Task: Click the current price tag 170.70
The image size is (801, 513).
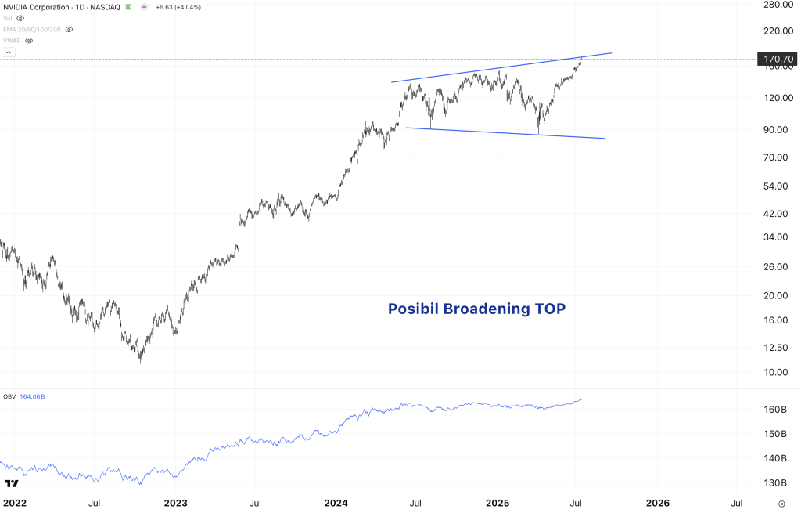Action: [x=778, y=59]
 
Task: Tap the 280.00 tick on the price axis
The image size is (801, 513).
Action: [x=778, y=5]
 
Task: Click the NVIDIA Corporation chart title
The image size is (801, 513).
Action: [x=37, y=7]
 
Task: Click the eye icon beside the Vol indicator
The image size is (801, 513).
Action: [x=20, y=18]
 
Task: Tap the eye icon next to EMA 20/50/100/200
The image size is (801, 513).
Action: [x=69, y=29]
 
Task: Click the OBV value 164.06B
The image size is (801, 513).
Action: [x=32, y=397]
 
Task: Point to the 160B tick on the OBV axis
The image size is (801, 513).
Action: [x=774, y=410]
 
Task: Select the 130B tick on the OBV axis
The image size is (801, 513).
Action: [x=774, y=482]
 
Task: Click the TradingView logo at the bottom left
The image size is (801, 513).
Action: [x=11, y=484]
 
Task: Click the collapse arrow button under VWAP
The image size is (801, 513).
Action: [x=9, y=52]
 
